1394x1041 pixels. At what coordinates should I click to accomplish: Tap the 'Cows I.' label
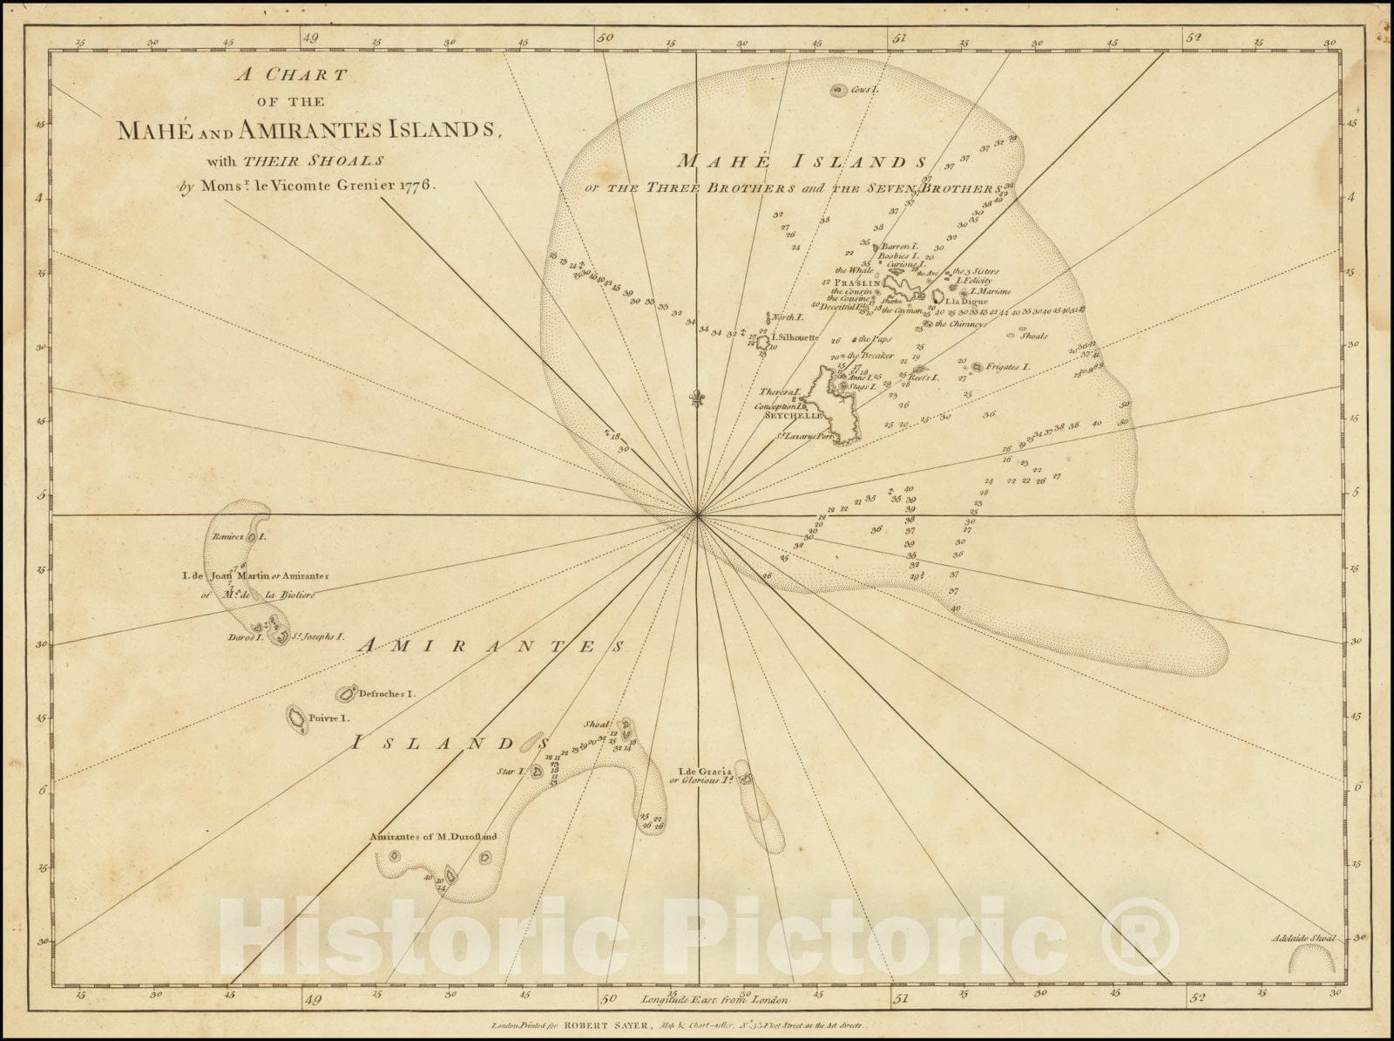pyautogui.click(x=867, y=90)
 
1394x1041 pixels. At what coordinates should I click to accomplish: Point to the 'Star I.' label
pyautogui.click(x=509, y=772)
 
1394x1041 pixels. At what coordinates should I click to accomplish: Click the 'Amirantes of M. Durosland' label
pyautogui.click(x=433, y=837)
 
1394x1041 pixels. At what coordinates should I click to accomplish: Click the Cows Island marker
pyautogui.click(x=838, y=90)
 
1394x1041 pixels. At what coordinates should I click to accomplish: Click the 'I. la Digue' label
pyautogui.click(x=966, y=302)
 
